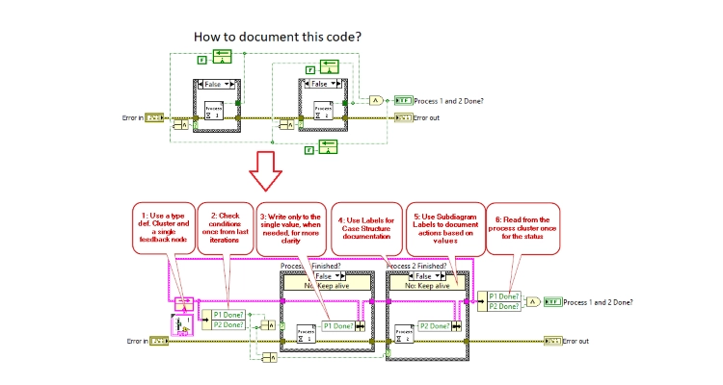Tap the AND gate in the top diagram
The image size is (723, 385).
point(374,100)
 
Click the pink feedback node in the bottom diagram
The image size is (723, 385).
point(183,304)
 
